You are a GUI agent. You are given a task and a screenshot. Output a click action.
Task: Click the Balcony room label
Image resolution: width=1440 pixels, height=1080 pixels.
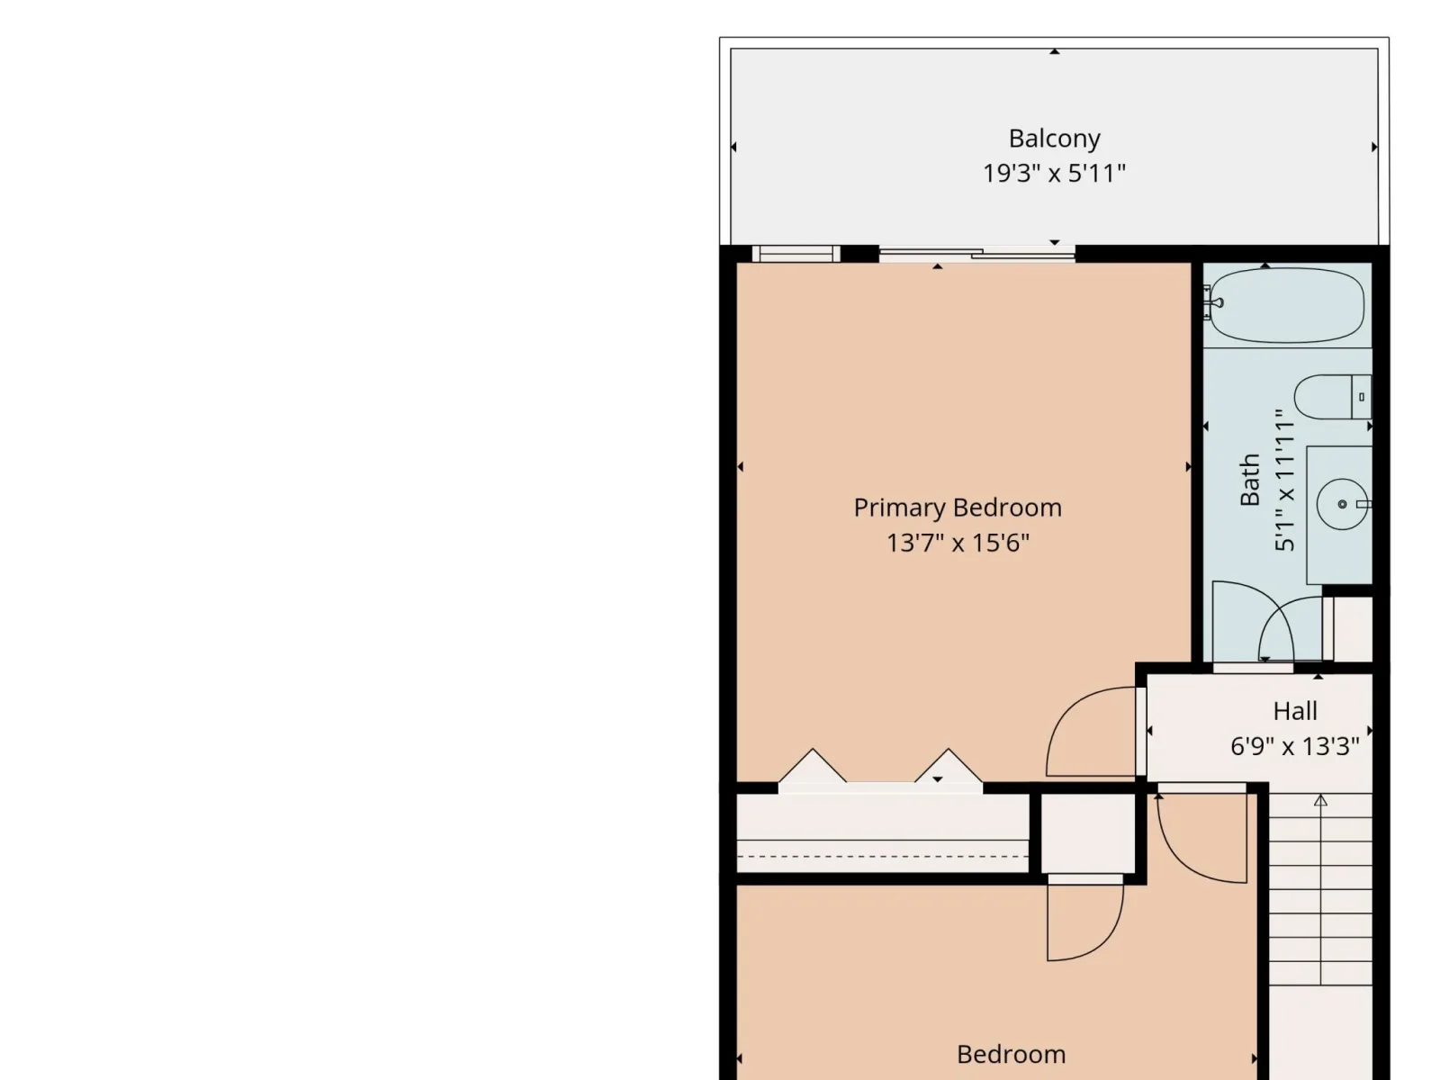click(x=1054, y=139)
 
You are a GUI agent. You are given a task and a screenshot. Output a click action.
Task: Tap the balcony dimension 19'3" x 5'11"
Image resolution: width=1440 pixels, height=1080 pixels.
click(x=1054, y=174)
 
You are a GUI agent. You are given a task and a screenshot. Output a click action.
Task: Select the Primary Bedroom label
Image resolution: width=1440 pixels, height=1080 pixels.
click(x=958, y=508)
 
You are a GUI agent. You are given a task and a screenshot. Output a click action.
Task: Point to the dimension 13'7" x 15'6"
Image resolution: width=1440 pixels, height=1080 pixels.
click(x=958, y=543)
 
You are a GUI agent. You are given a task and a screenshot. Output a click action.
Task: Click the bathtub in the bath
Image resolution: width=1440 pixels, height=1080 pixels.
click(x=1286, y=306)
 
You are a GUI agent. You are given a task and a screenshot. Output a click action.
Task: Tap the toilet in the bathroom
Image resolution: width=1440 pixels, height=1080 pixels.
click(x=1332, y=397)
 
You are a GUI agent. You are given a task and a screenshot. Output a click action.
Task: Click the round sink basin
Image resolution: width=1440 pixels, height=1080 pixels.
click(x=1342, y=504)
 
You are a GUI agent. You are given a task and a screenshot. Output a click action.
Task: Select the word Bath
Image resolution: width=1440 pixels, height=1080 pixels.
click(x=1250, y=480)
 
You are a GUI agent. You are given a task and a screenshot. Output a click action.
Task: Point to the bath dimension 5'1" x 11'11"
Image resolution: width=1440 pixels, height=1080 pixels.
click(x=1285, y=480)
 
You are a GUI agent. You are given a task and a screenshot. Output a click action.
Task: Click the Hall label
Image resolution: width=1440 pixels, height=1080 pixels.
click(x=1294, y=712)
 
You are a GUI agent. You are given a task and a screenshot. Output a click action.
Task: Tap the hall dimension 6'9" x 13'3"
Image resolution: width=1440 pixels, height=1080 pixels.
click(x=1294, y=746)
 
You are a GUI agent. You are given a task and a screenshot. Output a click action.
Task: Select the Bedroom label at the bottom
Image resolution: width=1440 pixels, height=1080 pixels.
click(x=1011, y=1055)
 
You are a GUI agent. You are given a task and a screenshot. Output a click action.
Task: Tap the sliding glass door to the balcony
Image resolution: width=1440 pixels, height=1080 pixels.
click(x=976, y=253)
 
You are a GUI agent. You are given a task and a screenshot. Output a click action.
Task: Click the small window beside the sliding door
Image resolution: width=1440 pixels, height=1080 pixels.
click(x=796, y=253)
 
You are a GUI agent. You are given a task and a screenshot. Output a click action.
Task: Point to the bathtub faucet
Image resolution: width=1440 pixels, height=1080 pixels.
click(x=1211, y=303)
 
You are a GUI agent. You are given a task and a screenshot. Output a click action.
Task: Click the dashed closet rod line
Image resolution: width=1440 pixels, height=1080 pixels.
click(x=882, y=857)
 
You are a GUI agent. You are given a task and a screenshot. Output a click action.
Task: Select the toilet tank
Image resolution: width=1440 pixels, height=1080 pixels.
click(x=1362, y=397)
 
